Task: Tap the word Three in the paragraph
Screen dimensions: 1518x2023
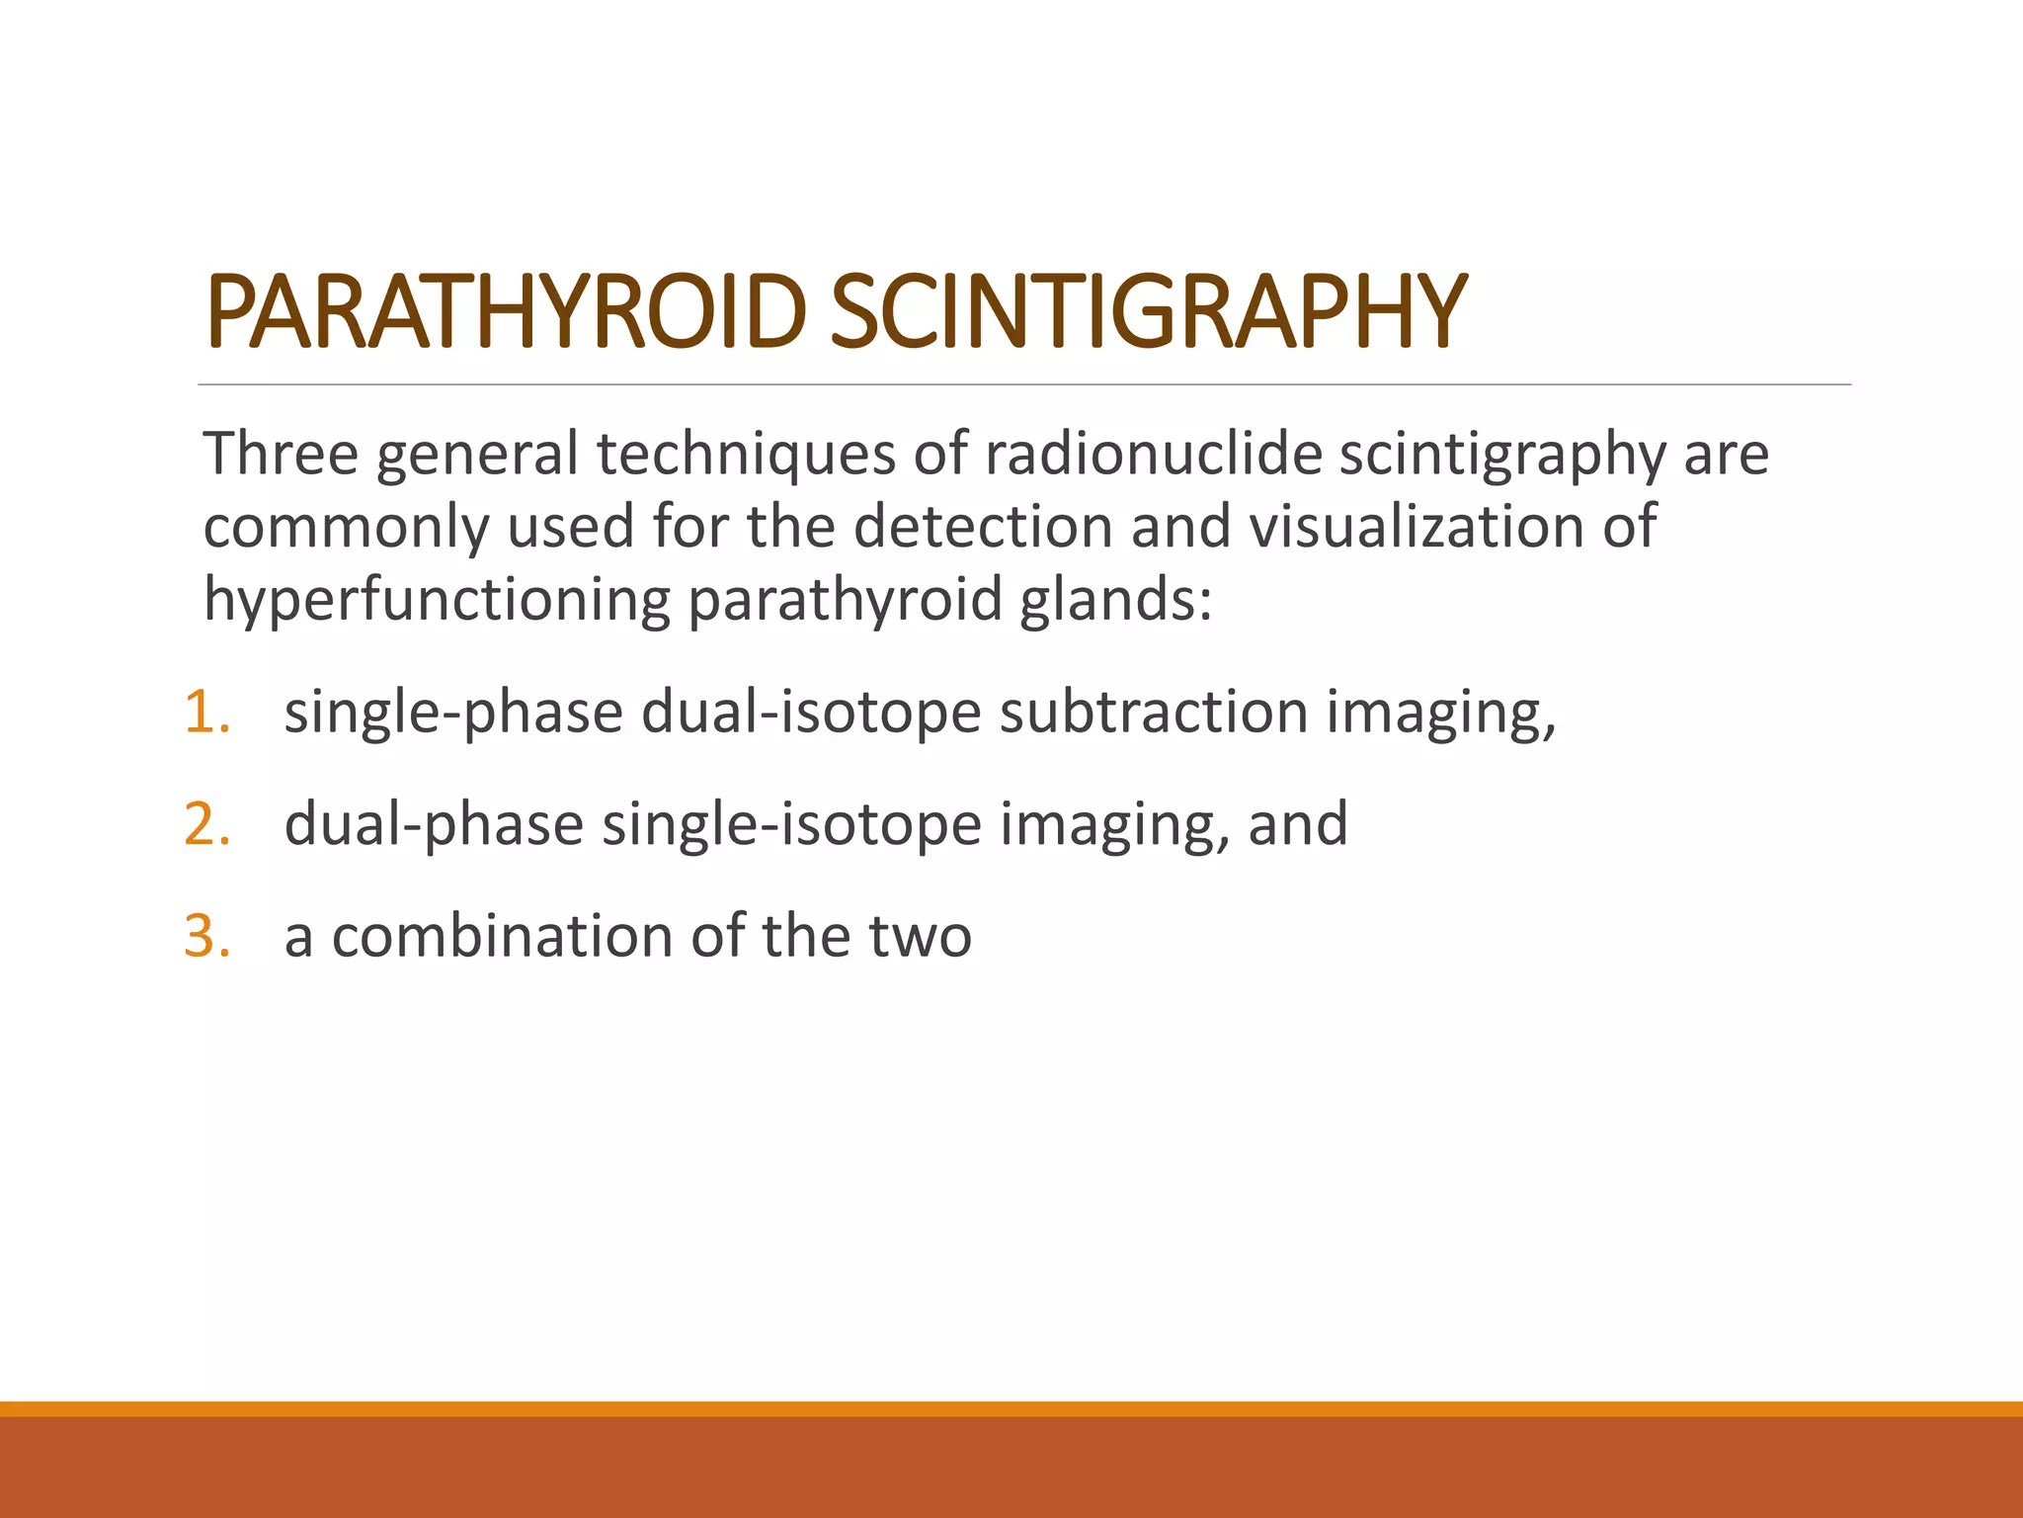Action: click(281, 455)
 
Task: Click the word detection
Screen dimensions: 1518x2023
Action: click(983, 527)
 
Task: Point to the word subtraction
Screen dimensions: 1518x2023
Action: click(1154, 713)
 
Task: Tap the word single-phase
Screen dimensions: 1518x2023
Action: click(453, 713)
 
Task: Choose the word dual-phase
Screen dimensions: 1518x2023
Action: click(434, 824)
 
